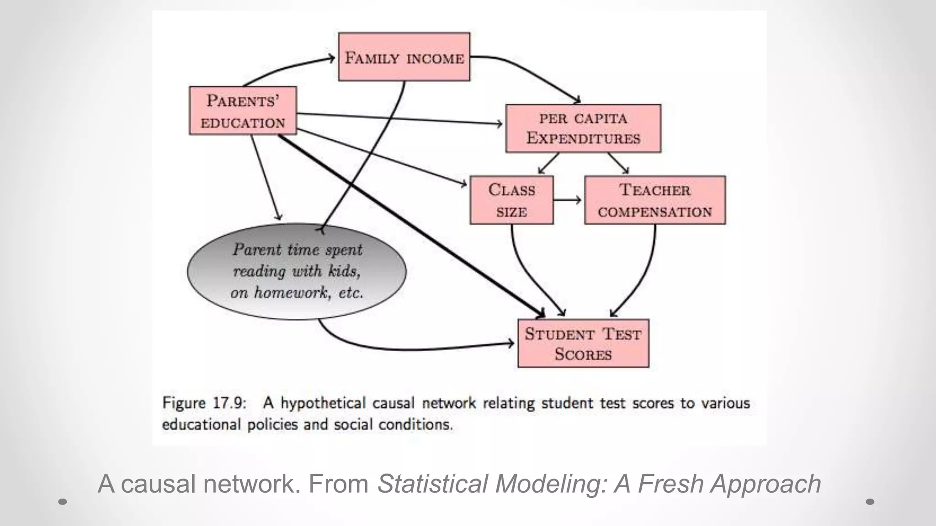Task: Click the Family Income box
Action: pyautogui.click(x=404, y=57)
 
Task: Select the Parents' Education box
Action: pyautogui.click(x=243, y=111)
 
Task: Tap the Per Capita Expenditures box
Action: pyautogui.click(x=583, y=128)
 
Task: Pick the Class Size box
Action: pyautogui.click(x=511, y=200)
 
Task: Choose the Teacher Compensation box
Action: pyautogui.click(x=654, y=200)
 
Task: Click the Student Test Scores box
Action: pyautogui.click(x=583, y=343)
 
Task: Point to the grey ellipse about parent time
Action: pyautogui.click(x=297, y=271)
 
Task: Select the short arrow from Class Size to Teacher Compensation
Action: pyautogui.click(x=567, y=200)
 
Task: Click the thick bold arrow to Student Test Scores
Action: pyautogui.click(x=411, y=226)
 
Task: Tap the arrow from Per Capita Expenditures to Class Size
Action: pyautogui.click(x=548, y=163)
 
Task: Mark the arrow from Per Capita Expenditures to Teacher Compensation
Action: pyautogui.click(x=618, y=163)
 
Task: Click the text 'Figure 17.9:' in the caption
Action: pyautogui.click(x=204, y=404)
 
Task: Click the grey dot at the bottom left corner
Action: pyautogui.click(x=63, y=502)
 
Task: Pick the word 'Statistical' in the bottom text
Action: pyautogui.click(x=432, y=484)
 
